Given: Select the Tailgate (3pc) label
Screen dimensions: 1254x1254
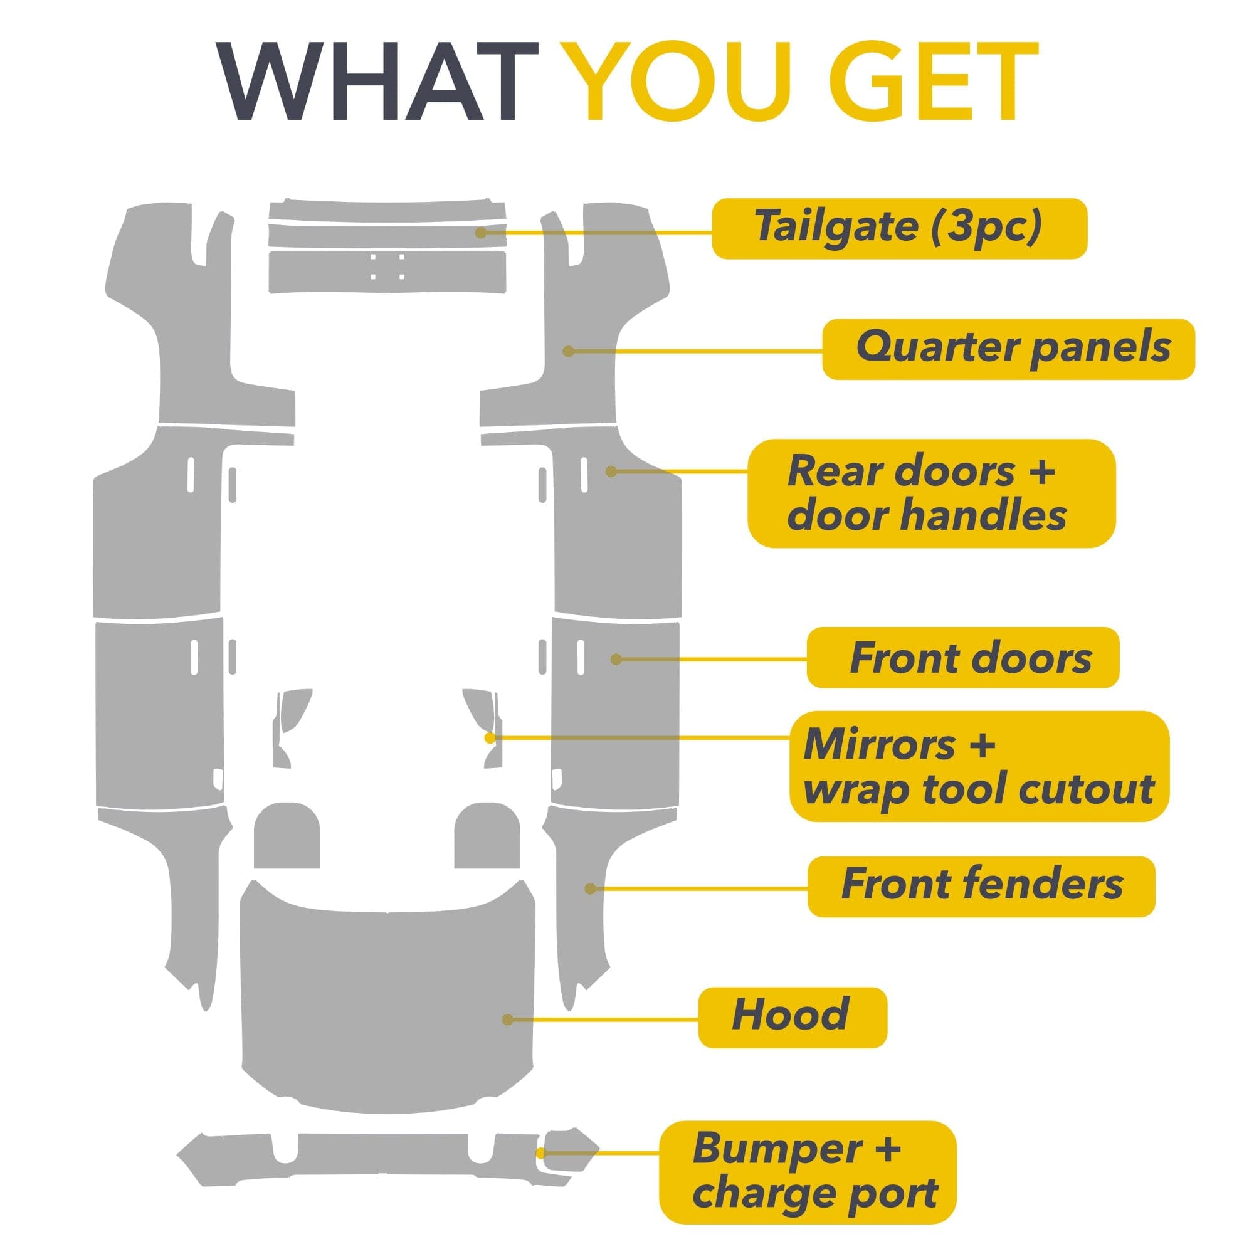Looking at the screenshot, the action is [x=899, y=228].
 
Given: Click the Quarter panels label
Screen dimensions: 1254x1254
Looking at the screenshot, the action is [x=1008, y=349].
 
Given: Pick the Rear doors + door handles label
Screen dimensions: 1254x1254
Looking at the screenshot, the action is [x=932, y=493].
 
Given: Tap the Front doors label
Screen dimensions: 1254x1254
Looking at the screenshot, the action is [x=962, y=658].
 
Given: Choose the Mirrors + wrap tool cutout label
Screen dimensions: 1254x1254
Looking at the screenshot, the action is [x=979, y=766].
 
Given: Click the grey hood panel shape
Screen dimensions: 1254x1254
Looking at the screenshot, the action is [x=387, y=993].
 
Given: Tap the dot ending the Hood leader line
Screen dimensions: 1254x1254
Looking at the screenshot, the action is [x=508, y=1020].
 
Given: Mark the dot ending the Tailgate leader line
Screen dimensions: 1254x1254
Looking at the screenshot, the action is [x=481, y=232].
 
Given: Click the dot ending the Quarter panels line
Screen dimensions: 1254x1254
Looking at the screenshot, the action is [x=569, y=351].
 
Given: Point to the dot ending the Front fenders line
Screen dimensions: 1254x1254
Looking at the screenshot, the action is [x=591, y=888].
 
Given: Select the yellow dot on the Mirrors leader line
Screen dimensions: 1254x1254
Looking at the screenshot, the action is [x=490, y=738].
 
